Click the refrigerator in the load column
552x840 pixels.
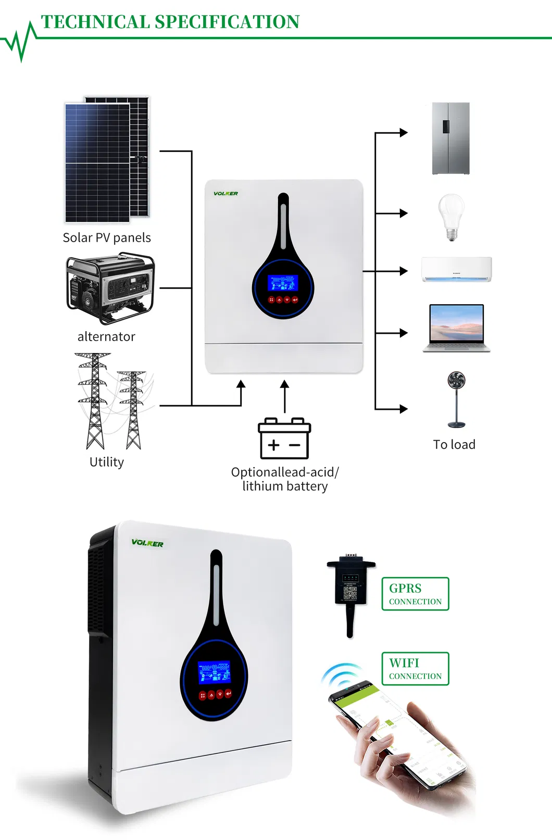tap(451, 139)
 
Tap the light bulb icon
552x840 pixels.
tap(451, 216)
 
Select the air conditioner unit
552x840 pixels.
tap(456, 269)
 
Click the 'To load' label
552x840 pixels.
tap(454, 445)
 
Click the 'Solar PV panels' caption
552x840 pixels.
tap(107, 238)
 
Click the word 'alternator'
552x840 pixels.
tap(106, 337)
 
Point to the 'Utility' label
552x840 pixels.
tap(107, 462)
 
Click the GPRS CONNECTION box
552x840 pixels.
tap(415, 594)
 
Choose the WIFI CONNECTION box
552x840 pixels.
tap(415, 669)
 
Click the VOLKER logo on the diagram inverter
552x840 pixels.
tap(225, 194)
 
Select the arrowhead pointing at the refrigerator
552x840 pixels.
tap(404, 133)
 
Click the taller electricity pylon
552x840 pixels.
tap(94, 401)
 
